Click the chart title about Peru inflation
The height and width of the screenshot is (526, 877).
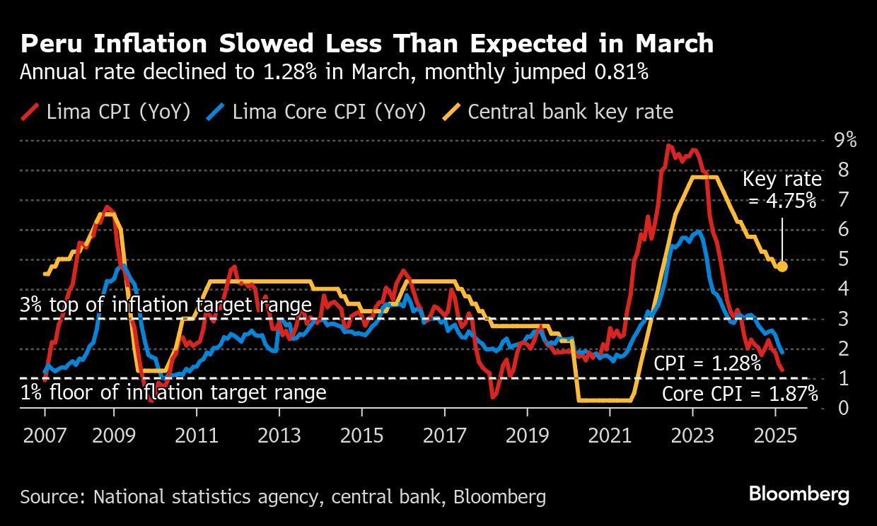(x=366, y=44)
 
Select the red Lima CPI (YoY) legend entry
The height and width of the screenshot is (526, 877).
(x=106, y=112)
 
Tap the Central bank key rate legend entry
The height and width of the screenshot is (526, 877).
(x=558, y=112)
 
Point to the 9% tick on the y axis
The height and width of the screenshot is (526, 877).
(x=845, y=140)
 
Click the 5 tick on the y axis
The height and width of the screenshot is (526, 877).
(x=841, y=259)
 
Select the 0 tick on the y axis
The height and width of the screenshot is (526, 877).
(x=841, y=408)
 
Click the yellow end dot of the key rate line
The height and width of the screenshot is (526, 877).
(x=782, y=266)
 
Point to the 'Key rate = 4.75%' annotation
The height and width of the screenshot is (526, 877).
(x=782, y=190)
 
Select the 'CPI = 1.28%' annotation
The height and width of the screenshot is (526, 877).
(x=707, y=364)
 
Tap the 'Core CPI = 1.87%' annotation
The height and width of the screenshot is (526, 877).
(x=740, y=393)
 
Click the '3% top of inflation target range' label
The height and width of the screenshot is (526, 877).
(x=166, y=305)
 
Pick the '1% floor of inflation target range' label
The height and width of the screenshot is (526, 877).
(x=173, y=392)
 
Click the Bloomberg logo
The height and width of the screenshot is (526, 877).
(x=799, y=493)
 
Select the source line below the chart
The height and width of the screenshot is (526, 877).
(x=283, y=496)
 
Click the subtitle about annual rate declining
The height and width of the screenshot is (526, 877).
(x=335, y=73)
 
